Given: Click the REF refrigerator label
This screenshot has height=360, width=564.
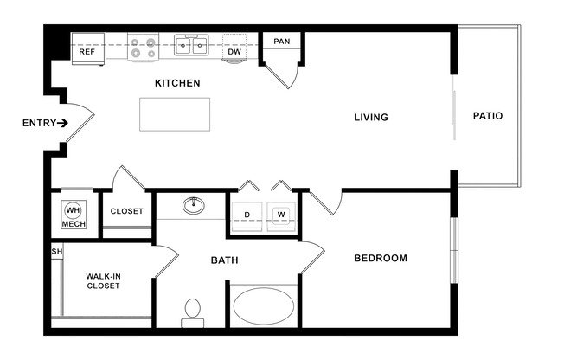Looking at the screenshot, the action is [x=87, y=52].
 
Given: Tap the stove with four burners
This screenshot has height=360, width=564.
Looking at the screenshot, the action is [x=143, y=47].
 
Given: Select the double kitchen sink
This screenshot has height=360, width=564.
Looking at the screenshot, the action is [x=192, y=45].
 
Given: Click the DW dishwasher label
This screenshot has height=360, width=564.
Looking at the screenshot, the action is [x=234, y=52].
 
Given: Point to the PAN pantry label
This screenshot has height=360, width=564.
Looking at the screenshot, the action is [x=282, y=42].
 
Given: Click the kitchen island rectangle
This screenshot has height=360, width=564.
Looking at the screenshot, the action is [x=175, y=114].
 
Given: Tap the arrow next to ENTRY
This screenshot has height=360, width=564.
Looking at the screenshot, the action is [x=62, y=123].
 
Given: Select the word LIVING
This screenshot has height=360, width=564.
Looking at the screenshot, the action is [x=371, y=118].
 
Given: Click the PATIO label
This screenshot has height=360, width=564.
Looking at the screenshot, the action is [x=488, y=116].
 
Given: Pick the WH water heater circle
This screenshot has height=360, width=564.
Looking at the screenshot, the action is [x=73, y=210].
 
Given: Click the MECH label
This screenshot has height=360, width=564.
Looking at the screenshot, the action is [x=74, y=224].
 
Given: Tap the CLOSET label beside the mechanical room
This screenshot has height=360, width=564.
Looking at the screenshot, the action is [x=126, y=211].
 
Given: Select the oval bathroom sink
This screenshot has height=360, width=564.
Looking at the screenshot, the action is [x=194, y=206].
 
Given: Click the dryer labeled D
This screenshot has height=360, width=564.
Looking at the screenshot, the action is [x=247, y=216].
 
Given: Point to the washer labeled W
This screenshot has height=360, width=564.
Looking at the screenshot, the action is [x=281, y=216].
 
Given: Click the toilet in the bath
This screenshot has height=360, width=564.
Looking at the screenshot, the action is [x=193, y=313].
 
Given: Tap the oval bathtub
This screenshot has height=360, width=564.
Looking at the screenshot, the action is [x=264, y=306].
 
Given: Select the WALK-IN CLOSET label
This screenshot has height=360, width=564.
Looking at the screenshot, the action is [x=103, y=281].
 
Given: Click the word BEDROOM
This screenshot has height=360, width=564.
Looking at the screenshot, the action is [x=381, y=258].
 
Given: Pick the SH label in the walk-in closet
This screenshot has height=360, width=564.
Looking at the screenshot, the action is [x=57, y=251].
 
